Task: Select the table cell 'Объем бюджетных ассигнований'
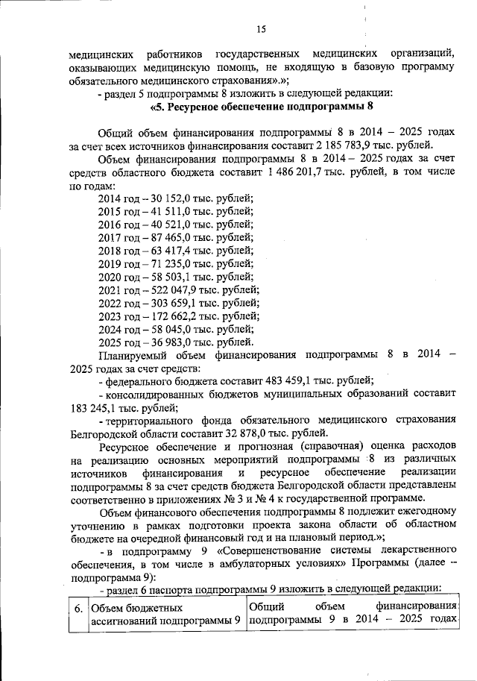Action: tap(165, 615)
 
